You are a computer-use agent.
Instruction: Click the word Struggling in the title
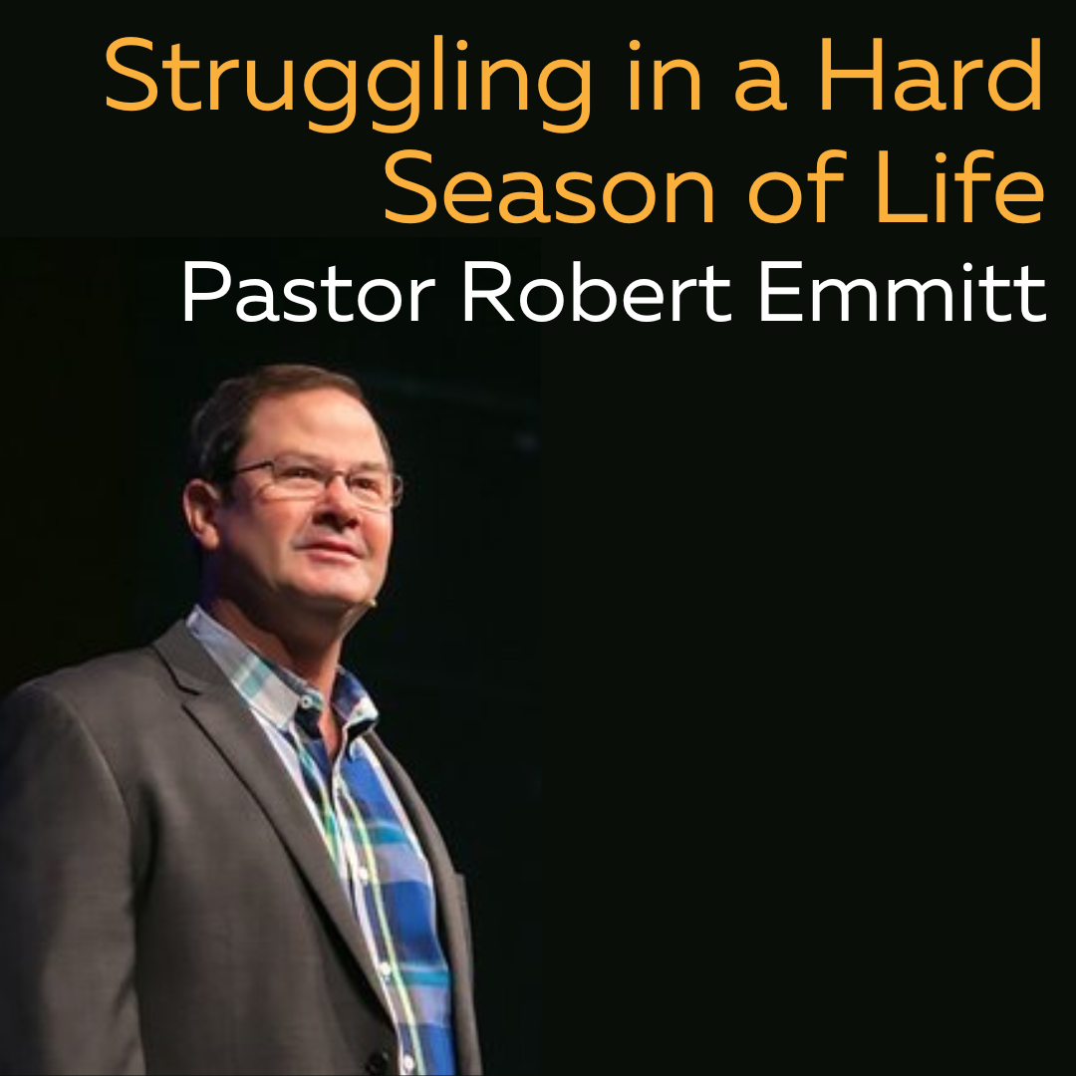[348, 83]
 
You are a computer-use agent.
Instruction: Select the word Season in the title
[549, 186]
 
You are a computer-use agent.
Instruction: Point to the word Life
[961, 185]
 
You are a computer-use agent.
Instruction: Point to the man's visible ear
[200, 513]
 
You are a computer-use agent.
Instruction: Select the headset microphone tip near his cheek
[372, 603]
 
